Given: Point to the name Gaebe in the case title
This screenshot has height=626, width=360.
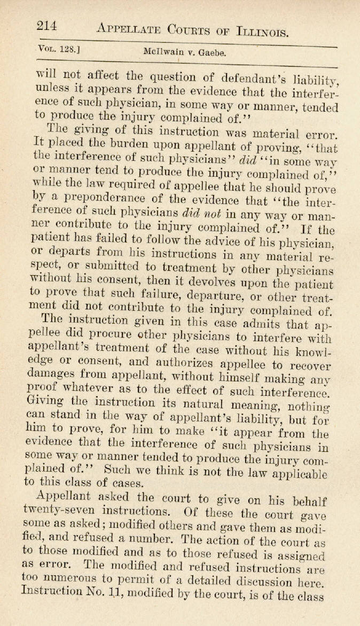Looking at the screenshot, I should click(x=214, y=53).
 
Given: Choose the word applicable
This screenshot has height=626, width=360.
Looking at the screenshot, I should click(x=308, y=474).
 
